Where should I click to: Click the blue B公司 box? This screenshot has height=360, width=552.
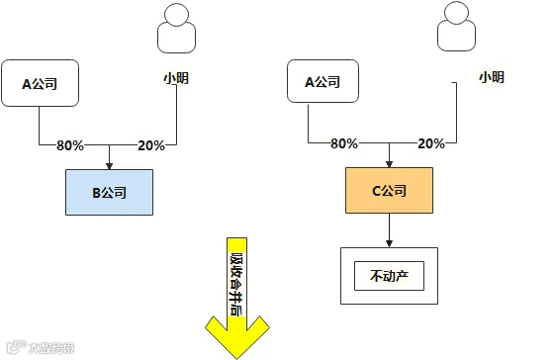click(109, 192)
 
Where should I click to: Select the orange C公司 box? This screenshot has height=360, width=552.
click(389, 190)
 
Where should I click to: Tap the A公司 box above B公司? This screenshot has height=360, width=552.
click(41, 83)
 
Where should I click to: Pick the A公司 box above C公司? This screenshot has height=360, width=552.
click(322, 81)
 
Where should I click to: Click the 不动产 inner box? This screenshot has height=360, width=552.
click(389, 276)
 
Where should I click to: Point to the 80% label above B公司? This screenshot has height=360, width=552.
click(70, 145)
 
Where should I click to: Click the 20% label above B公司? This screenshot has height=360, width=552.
click(151, 145)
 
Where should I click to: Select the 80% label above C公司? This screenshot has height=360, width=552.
click(344, 143)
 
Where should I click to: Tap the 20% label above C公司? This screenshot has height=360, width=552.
click(431, 143)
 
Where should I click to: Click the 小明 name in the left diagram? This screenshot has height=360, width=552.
click(176, 78)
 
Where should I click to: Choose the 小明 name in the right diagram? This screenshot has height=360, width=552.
click(492, 77)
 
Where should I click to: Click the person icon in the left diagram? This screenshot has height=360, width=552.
click(176, 29)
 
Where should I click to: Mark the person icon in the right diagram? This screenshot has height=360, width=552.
click(456, 27)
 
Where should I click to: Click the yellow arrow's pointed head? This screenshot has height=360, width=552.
click(237, 358)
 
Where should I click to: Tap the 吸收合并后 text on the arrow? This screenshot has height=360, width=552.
click(236, 284)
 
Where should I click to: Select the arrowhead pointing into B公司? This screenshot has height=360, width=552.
click(109, 165)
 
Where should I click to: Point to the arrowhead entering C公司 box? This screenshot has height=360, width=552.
click(389, 163)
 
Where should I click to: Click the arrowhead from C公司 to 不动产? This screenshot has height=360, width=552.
click(389, 243)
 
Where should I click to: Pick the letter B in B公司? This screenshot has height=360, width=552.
click(96, 193)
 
